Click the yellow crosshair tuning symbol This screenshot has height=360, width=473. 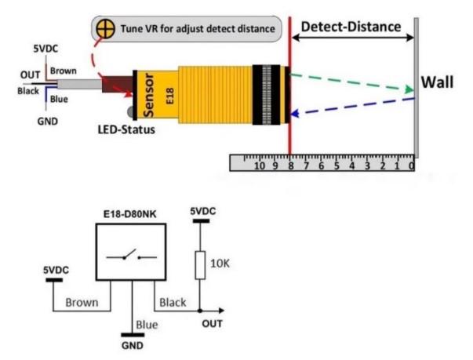click(105, 29)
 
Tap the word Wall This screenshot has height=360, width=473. click(437, 82)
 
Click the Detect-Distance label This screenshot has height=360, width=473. click(351, 27)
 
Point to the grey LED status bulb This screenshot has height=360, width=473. click(131, 112)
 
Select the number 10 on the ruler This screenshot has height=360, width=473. click(260, 165)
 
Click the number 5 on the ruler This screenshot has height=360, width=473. click(337, 165)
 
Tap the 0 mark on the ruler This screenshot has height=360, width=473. click(411, 165)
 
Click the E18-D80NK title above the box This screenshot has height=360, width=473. click(130, 214)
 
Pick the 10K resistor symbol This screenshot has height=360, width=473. click(200, 265)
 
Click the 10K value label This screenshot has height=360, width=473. click(220, 264)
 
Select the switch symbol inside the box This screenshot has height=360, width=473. click(132, 256)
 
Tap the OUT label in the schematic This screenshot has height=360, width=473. click(212, 324)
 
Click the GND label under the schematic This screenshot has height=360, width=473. click(132, 346)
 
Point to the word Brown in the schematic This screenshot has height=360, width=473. click(82, 303)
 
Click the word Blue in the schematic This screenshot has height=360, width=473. click(147, 325)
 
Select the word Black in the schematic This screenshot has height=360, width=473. click(173, 303)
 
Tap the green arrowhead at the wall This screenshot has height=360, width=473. click(409, 89)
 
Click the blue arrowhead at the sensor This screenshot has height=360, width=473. click(294, 114)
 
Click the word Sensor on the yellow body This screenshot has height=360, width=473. click(148, 95)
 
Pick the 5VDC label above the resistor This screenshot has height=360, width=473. click(203, 211)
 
